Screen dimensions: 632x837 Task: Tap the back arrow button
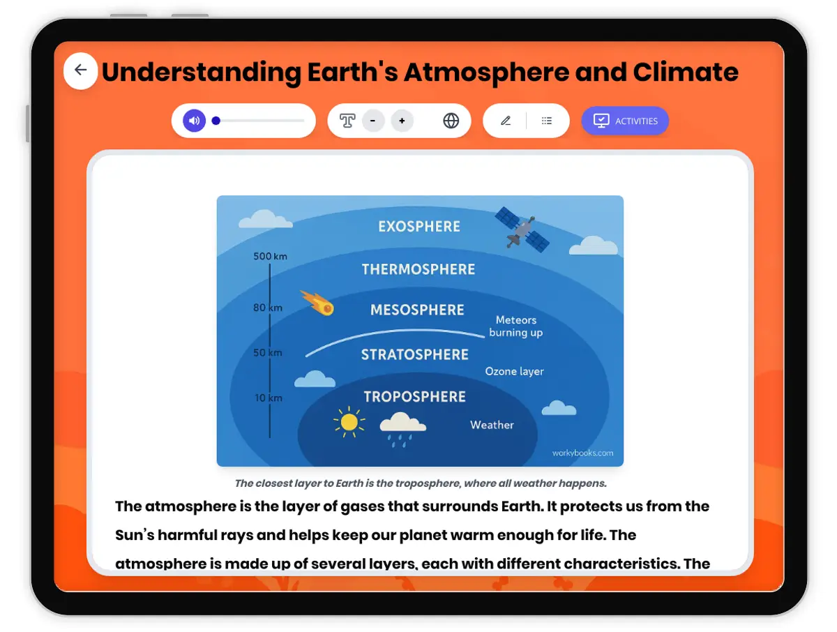tap(80, 70)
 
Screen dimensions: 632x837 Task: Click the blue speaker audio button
tap(194, 121)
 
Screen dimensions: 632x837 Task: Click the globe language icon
tap(451, 121)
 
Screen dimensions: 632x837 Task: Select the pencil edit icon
tap(506, 121)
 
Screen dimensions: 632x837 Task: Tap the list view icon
tap(547, 121)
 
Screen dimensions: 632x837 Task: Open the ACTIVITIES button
tap(625, 121)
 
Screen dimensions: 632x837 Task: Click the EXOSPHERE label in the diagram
tap(419, 227)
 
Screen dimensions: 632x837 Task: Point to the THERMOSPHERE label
tap(418, 269)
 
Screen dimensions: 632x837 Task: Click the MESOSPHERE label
tap(417, 310)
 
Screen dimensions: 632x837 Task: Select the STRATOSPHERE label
tap(415, 354)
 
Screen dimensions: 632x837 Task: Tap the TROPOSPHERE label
tap(414, 397)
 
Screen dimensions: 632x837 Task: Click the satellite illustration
tap(522, 229)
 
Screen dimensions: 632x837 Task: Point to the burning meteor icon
tap(318, 303)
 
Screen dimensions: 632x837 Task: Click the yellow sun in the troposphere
tap(349, 422)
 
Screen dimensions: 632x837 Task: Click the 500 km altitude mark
tap(270, 256)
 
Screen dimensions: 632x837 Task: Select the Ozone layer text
tap(514, 371)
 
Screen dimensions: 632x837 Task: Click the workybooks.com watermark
tap(582, 453)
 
